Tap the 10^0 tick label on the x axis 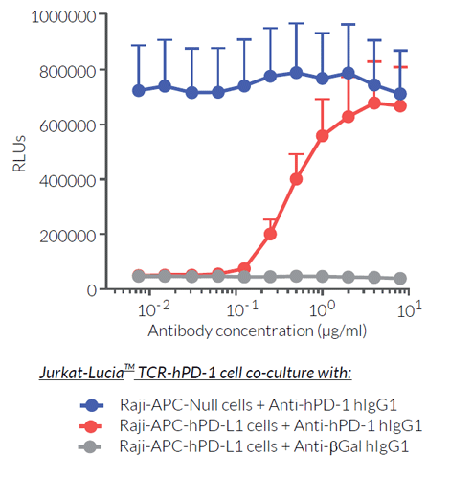click(323, 308)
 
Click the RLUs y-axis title click(20, 152)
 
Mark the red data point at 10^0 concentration click(323, 135)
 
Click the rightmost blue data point click(400, 94)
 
